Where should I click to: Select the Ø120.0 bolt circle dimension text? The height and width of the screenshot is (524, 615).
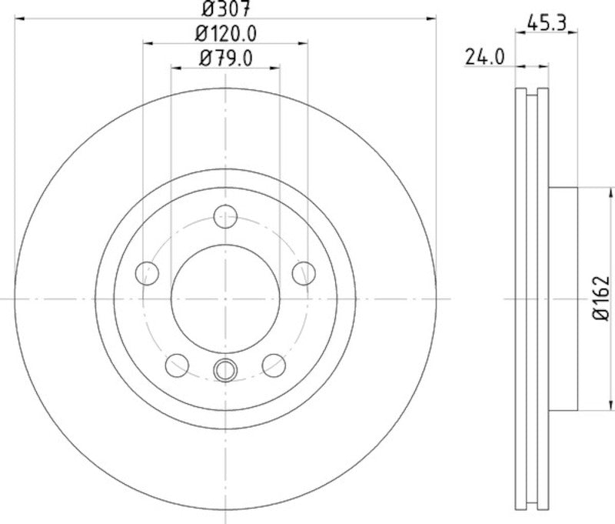[226, 34]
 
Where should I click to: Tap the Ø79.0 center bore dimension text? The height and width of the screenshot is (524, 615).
[226, 57]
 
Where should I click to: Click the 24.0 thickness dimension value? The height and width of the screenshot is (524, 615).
[483, 56]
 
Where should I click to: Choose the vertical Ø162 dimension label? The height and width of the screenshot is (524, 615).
[602, 298]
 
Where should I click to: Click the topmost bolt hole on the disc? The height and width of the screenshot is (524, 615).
[225, 217]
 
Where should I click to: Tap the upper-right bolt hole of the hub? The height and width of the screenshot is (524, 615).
[305, 272]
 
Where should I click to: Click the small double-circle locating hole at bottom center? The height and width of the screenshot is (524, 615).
[225, 370]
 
